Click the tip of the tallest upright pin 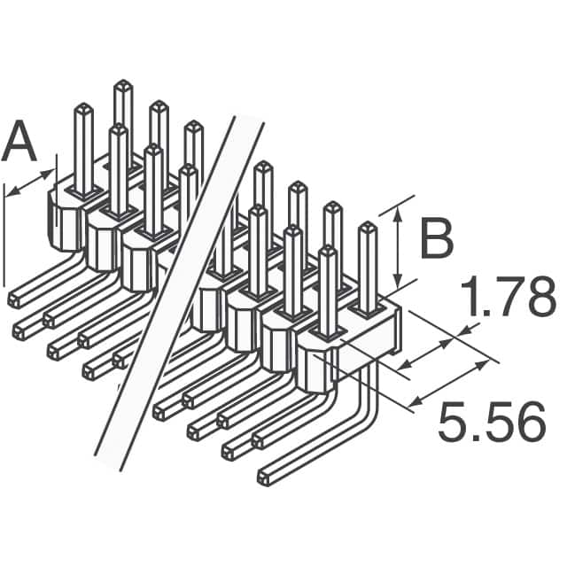(122, 86)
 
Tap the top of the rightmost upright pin (367, 228)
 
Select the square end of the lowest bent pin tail (263, 478)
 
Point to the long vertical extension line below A (4, 239)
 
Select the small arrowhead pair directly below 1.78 (434, 347)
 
